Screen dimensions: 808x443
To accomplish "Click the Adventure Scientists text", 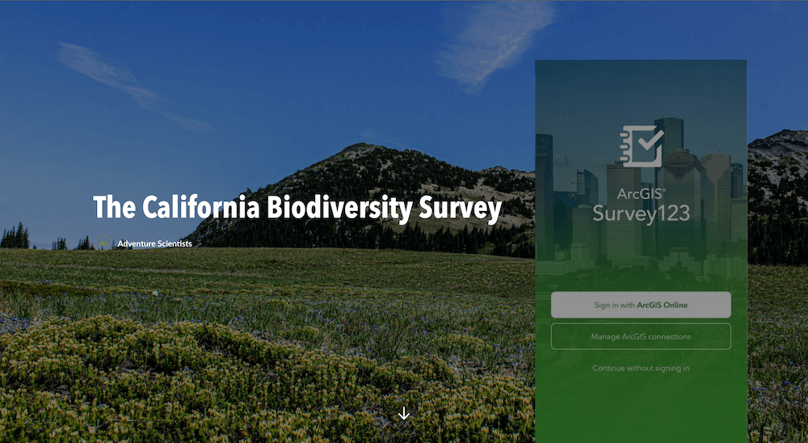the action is tap(154, 243).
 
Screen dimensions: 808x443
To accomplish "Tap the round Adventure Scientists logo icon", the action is tap(103, 243).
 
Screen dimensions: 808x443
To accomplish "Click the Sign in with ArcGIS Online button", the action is tap(641, 305).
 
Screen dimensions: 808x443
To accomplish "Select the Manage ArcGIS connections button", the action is tap(641, 337).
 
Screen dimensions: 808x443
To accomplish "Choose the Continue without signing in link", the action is tap(641, 368).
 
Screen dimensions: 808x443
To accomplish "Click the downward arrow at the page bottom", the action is tap(404, 413).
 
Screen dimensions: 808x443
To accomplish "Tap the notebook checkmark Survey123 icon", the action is tap(642, 146).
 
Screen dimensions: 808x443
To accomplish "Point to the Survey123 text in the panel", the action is tap(641, 213).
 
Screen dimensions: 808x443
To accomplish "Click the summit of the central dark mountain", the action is tap(360, 146).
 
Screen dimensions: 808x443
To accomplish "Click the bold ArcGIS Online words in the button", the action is tap(663, 305).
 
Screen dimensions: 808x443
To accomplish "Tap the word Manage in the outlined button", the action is tap(604, 337).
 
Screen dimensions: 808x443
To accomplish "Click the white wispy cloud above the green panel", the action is tap(494, 44).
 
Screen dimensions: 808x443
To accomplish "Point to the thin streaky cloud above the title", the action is tap(134, 86).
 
